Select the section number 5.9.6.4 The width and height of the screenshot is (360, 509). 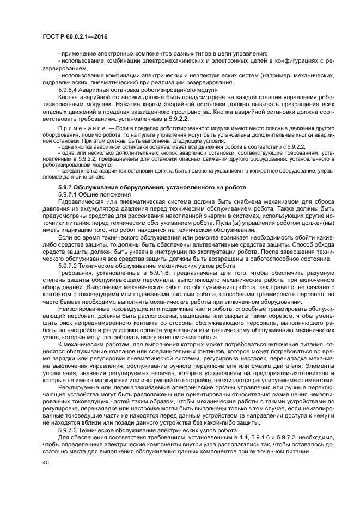click(x=69, y=89)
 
